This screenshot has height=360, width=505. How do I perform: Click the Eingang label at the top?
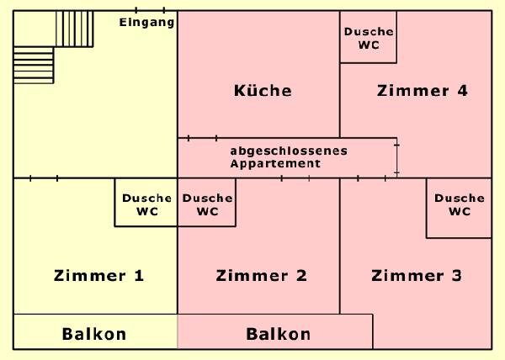146,23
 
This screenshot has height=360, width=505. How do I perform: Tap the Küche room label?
262,91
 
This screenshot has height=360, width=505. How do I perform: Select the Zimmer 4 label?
423,91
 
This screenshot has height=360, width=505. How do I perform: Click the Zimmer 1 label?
98,275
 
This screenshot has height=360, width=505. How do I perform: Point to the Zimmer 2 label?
261,275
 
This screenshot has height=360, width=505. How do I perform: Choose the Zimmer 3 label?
416,275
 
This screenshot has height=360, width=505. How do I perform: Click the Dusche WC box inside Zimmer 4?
369,38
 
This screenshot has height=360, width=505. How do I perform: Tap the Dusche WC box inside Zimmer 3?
459,205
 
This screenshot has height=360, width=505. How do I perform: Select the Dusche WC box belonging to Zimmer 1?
146,205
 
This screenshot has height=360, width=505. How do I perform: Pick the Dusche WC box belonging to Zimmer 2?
207,205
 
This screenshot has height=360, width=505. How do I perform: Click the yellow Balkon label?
94,334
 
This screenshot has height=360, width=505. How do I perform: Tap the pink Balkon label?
278,334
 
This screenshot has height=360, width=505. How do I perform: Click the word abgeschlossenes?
288,151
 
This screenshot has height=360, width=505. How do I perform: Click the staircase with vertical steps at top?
74,29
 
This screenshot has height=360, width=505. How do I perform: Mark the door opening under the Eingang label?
149,10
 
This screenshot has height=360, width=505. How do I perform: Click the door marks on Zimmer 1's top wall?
43,177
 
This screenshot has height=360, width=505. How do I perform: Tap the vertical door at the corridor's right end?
396,158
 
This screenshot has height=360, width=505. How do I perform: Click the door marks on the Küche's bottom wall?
202,137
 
